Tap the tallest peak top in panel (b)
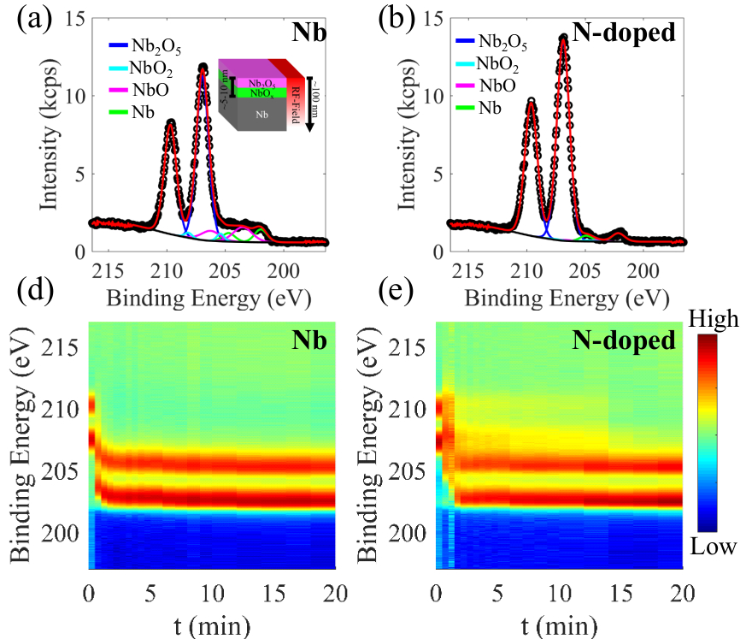(x=563, y=38)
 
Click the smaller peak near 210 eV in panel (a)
(x=170, y=122)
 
